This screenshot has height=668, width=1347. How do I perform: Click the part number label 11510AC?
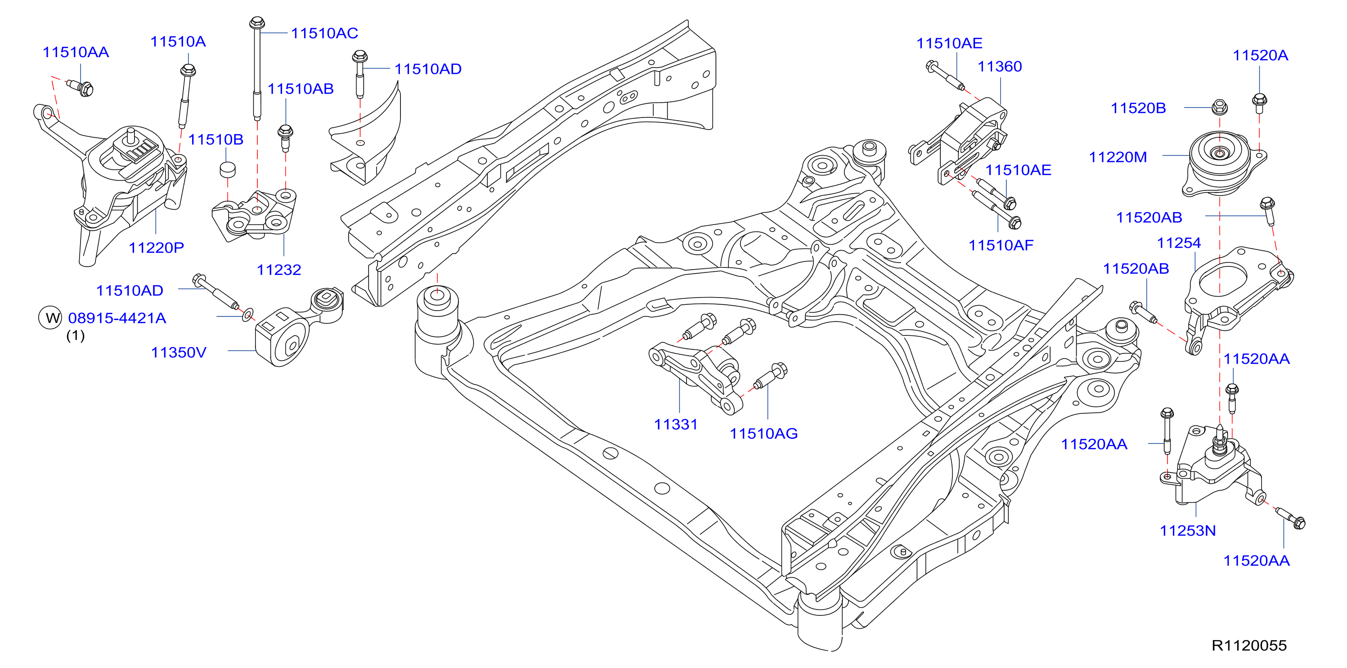pos(324,33)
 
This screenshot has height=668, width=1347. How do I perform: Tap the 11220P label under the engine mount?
pos(157,248)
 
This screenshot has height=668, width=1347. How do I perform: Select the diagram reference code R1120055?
pos(1249,645)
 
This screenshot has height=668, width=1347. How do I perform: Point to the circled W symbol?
pos(51,317)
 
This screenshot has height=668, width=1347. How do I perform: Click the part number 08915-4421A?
pos(117,318)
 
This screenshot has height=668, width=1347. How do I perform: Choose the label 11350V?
pos(179,352)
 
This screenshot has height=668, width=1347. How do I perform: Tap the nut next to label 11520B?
pos(1220,107)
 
